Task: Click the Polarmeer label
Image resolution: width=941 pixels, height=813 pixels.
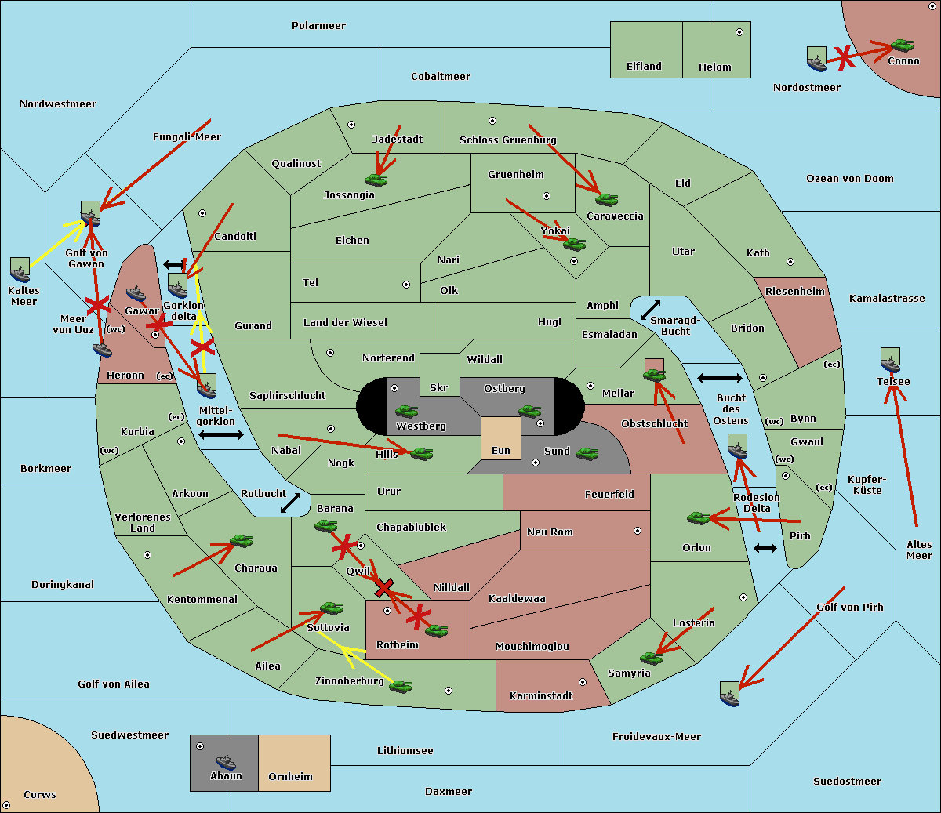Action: tap(318, 26)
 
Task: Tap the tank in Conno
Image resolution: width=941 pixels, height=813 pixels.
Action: tap(902, 45)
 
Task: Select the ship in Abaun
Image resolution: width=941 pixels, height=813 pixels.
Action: tap(226, 762)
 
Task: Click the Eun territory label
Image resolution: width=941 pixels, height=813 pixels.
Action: tap(501, 451)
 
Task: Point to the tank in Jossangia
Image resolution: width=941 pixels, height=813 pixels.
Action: tap(376, 180)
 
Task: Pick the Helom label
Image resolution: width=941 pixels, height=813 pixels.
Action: tap(714, 67)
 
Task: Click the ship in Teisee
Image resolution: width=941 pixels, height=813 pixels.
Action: tap(890, 361)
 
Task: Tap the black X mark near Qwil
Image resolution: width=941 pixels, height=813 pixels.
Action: tap(383, 586)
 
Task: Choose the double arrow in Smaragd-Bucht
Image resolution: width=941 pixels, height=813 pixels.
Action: tap(651, 310)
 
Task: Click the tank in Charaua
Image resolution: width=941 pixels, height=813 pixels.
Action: tap(241, 541)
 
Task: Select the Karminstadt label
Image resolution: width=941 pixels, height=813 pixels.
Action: tap(541, 696)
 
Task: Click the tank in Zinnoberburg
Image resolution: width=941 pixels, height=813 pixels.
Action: tap(400, 687)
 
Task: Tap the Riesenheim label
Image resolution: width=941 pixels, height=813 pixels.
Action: tap(795, 292)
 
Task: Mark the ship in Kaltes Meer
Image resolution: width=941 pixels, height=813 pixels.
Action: tap(20, 270)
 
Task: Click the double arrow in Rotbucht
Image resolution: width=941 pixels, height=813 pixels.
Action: tap(290, 503)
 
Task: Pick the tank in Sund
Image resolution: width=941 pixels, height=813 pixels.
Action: tap(587, 453)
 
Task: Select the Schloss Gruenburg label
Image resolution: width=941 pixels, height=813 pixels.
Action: tap(507, 140)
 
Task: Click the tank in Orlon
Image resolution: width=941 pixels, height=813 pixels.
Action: tap(698, 518)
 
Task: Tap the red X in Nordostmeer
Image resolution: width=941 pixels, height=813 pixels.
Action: tap(844, 56)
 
